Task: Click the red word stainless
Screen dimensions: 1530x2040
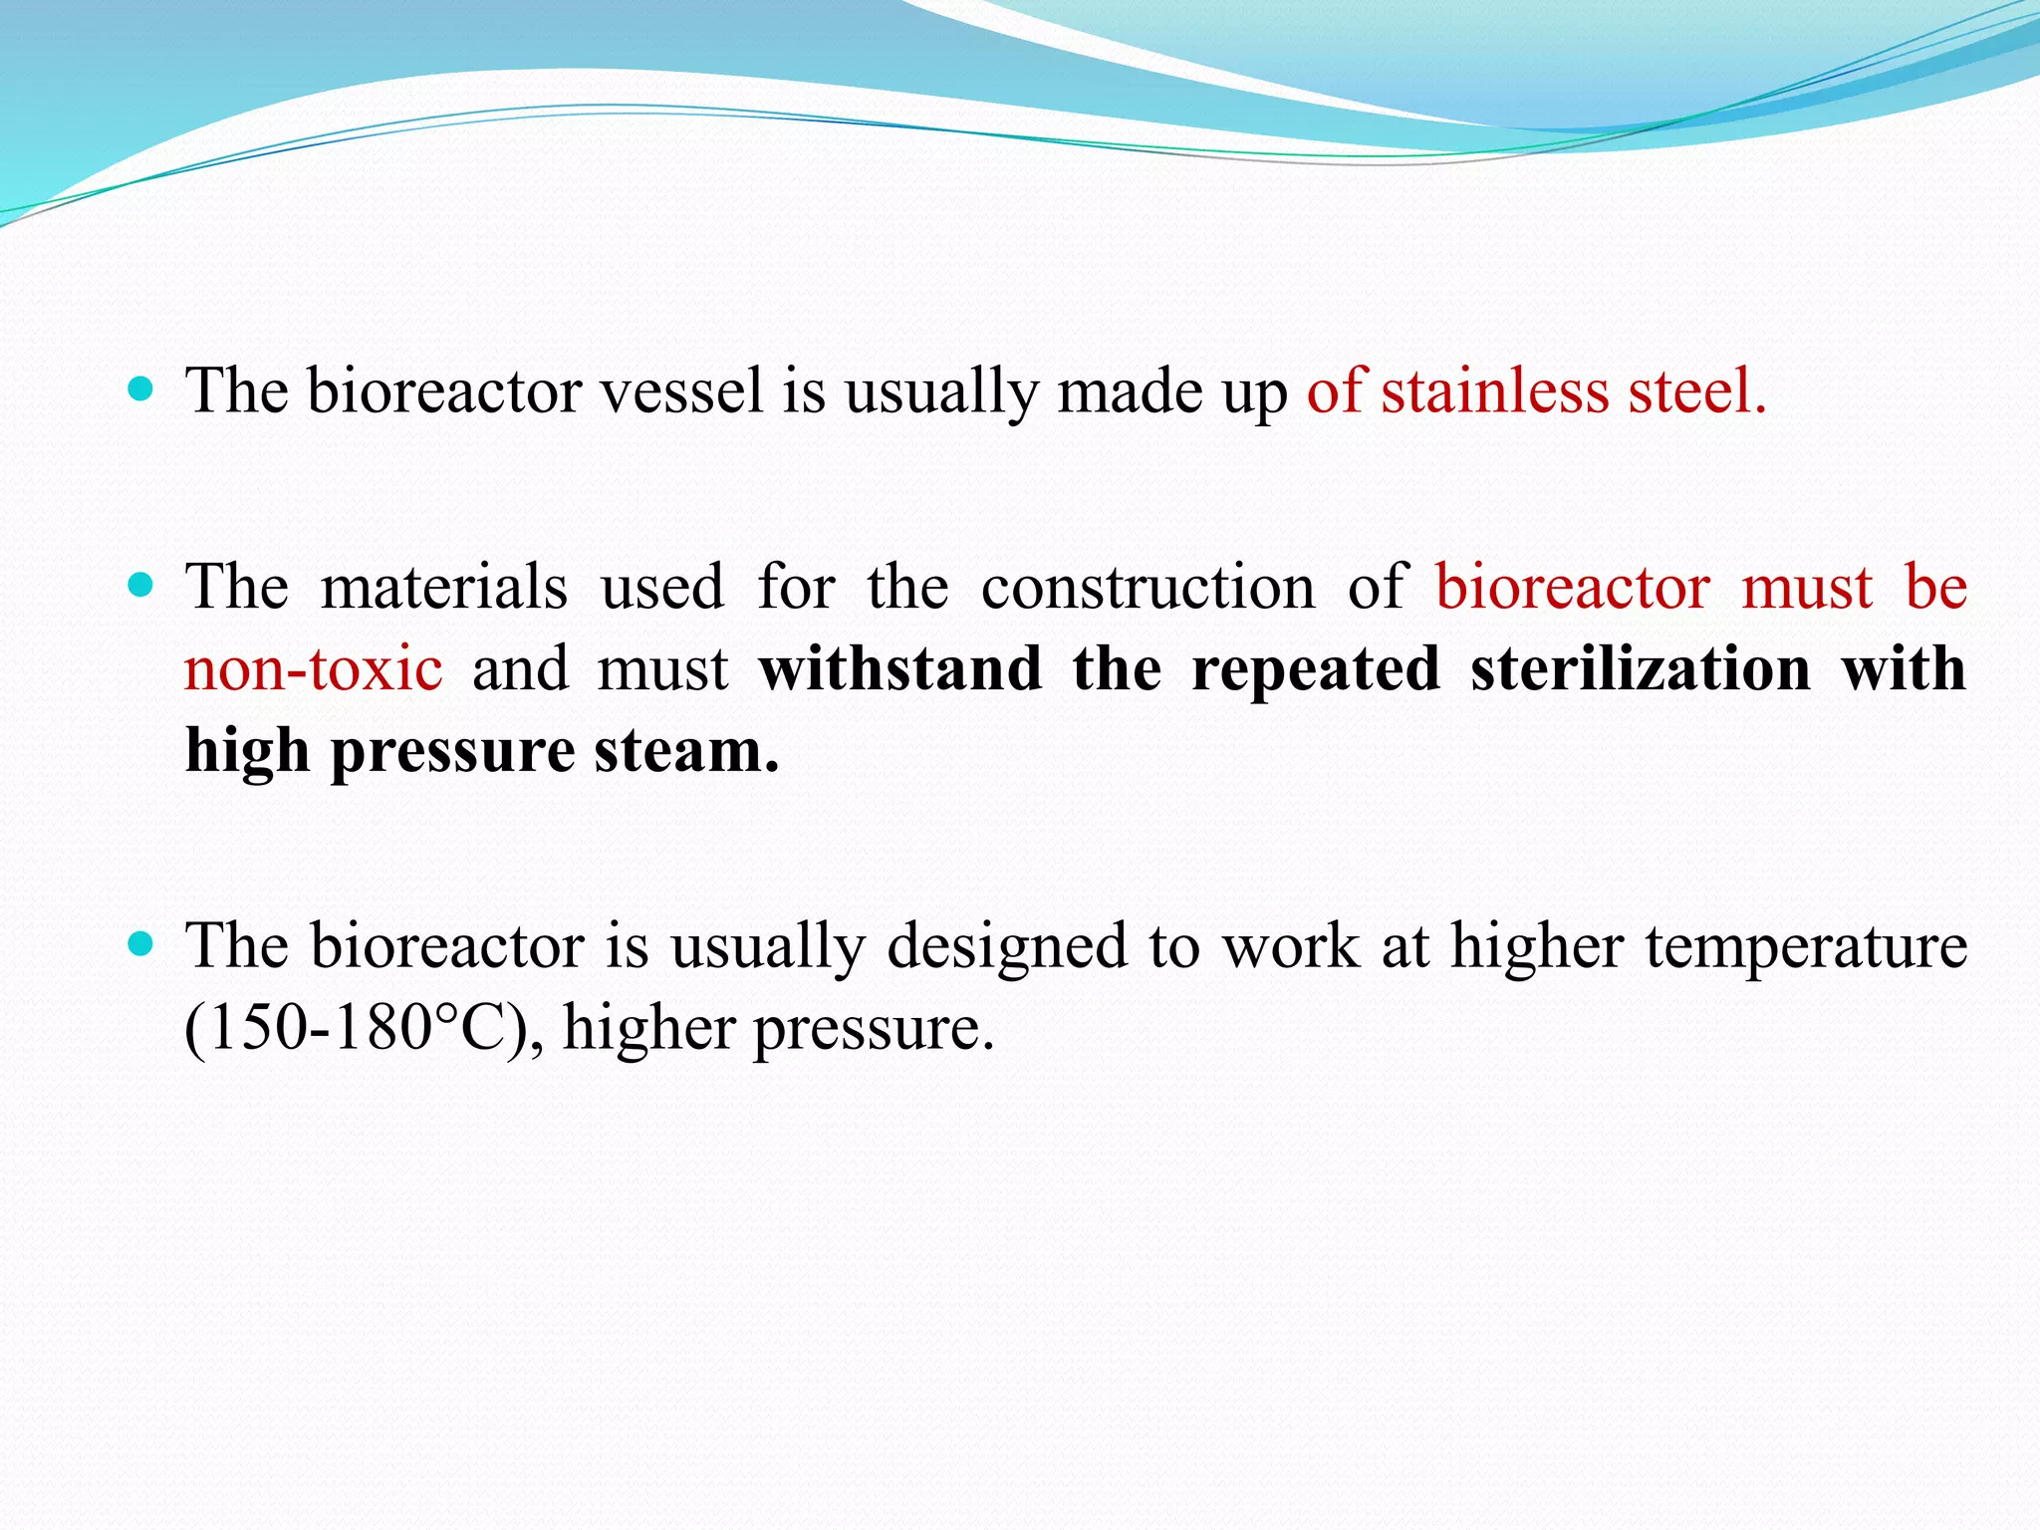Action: click(1494, 390)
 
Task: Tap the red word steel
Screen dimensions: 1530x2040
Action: click(1696, 390)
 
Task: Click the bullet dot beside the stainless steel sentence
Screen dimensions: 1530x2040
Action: click(141, 388)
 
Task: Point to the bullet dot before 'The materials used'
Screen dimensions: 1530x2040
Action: click(141, 585)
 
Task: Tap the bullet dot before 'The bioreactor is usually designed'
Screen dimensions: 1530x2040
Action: click(141, 943)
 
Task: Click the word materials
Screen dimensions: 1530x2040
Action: click(443, 587)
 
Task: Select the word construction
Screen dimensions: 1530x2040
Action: click(1147, 587)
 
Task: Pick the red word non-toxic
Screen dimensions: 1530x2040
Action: click(314, 668)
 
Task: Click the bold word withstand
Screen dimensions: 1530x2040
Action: click(899, 668)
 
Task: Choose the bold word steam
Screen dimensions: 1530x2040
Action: click(686, 751)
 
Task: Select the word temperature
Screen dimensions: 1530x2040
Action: click(1806, 947)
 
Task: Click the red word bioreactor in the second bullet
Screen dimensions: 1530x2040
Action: click(1572, 587)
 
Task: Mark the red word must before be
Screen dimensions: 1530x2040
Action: click(1806, 589)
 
